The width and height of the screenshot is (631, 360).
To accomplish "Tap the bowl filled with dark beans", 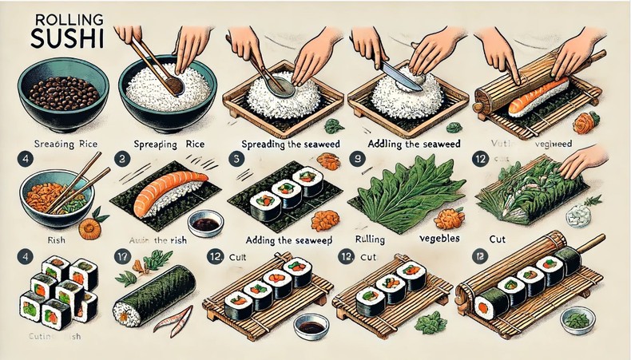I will click(55, 97).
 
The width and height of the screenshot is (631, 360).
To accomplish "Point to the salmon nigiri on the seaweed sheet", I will click(169, 192).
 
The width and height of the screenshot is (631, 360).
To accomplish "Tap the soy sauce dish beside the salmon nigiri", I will click(204, 224).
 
